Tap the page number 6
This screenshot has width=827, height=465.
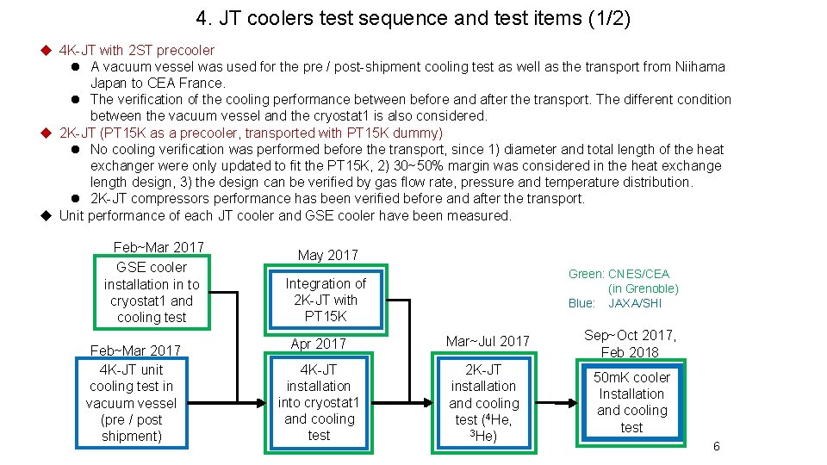click(x=716, y=446)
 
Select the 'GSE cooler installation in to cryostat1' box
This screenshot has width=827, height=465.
click(x=152, y=292)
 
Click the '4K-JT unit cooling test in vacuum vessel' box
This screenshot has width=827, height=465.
click(x=132, y=403)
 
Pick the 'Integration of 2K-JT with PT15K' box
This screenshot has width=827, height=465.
click(x=326, y=300)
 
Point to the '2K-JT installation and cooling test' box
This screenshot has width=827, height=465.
click(x=484, y=403)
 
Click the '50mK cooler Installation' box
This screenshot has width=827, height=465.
click(x=632, y=402)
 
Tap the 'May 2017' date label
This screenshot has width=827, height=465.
click(x=327, y=255)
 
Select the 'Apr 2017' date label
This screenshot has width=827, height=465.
click(x=319, y=344)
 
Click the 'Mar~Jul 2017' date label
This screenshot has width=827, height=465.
click(x=488, y=341)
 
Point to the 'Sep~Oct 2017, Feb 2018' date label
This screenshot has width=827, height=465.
click(x=631, y=344)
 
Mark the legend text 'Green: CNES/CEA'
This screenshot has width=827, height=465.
click(x=619, y=274)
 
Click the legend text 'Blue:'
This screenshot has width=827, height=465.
click(x=581, y=303)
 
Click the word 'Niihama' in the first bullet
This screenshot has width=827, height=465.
click(x=700, y=66)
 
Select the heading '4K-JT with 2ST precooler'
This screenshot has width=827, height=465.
click(x=137, y=50)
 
